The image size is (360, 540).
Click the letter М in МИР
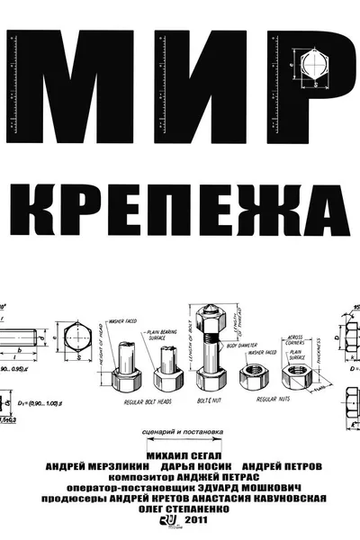63,89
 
